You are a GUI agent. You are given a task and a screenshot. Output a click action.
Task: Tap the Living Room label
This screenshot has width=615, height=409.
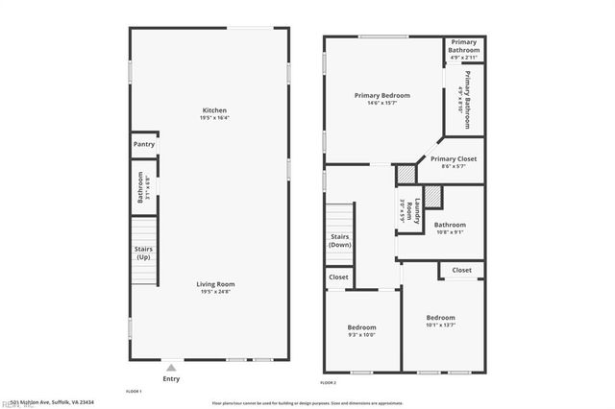215,284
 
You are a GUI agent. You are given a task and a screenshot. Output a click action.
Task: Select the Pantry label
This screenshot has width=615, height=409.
143,145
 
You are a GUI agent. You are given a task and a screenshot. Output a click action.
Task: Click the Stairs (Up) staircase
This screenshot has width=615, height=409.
143,253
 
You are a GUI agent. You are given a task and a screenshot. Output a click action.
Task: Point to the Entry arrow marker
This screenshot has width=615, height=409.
170,367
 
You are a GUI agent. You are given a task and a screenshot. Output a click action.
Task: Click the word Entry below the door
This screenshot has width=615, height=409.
171,379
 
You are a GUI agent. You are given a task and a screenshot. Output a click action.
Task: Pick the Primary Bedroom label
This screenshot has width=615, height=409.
381,95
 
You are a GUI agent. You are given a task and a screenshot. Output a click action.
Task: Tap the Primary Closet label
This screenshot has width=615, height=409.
454,159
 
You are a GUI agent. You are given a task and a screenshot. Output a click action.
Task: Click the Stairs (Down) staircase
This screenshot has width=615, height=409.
339,240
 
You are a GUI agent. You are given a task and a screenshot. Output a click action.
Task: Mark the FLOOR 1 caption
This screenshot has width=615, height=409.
135,393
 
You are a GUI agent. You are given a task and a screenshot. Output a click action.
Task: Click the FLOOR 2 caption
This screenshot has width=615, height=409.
329,382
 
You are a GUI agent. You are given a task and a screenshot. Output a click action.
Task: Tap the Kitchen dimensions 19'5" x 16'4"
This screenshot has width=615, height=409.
215,118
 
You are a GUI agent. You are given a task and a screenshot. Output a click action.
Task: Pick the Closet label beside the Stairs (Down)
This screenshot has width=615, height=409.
338,277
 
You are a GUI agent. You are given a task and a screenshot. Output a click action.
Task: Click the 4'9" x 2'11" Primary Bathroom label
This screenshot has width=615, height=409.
464,48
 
